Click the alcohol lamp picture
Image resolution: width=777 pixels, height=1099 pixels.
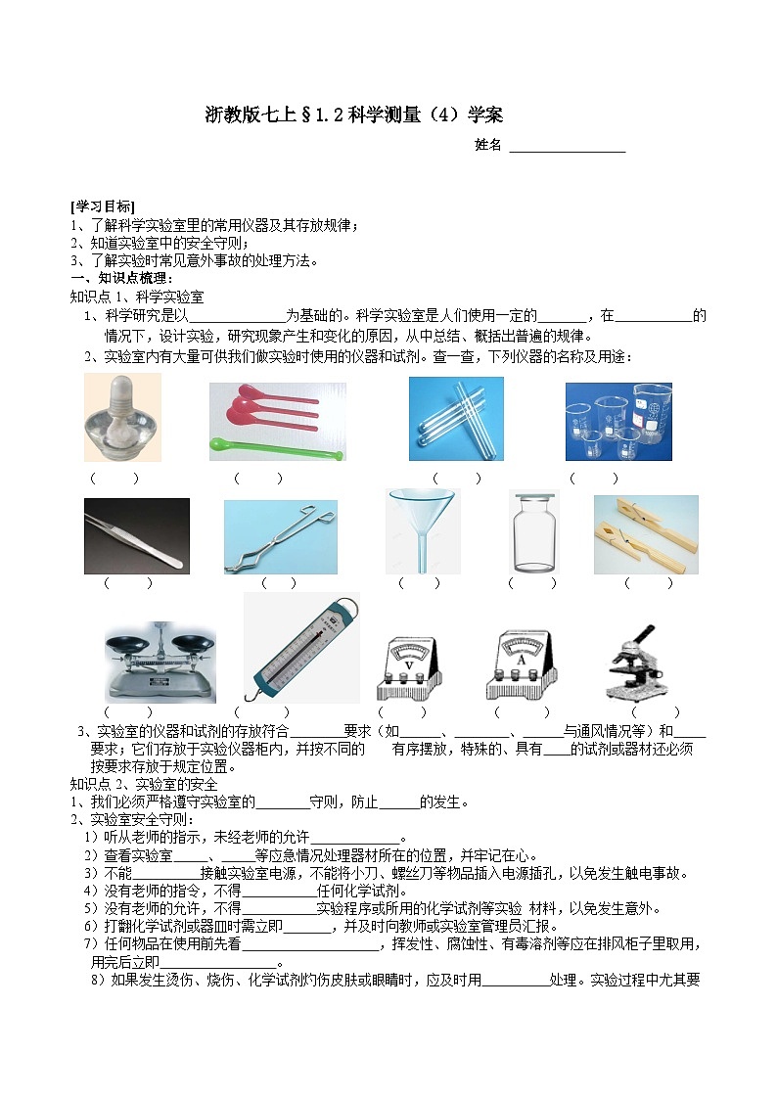pyautogui.click(x=122, y=418)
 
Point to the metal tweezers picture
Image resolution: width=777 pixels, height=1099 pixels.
pyautogui.click(x=136, y=535)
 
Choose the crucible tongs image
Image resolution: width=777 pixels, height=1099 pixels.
pyautogui.click(x=280, y=536)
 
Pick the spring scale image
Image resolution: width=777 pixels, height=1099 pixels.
pyautogui.click(x=300, y=647)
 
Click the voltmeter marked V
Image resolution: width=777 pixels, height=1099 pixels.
pyautogui.click(x=410, y=664)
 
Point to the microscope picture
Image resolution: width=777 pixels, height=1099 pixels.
pyautogui.click(x=640, y=663)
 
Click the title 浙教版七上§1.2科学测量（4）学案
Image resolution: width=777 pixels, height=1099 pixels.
pyautogui.click(x=354, y=114)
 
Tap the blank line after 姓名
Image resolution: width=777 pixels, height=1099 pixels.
pyautogui.click(x=567, y=147)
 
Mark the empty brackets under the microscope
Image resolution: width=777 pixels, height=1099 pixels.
pyautogui.click(x=655, y=711)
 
